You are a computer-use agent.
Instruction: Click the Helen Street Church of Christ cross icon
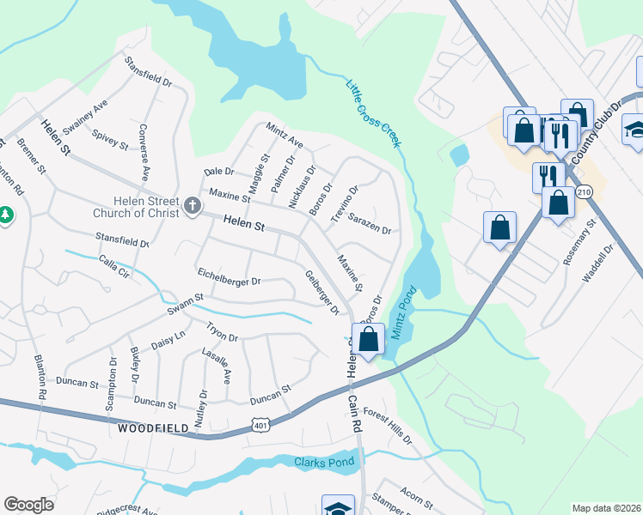coord(192,206)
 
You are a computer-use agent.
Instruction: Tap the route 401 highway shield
coord(260,425)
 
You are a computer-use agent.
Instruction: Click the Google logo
coord(28,505)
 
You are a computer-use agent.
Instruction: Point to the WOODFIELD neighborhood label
coord(152,427)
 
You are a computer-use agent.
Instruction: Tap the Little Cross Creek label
coord(374,112)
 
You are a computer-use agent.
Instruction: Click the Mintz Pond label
coord(402,312)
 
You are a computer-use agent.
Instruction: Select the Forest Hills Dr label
coord(388,426)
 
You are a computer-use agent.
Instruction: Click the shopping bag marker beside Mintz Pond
coord(368,339)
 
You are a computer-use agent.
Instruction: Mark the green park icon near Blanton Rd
coord(4,213)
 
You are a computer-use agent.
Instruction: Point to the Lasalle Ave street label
coord(226,367)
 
